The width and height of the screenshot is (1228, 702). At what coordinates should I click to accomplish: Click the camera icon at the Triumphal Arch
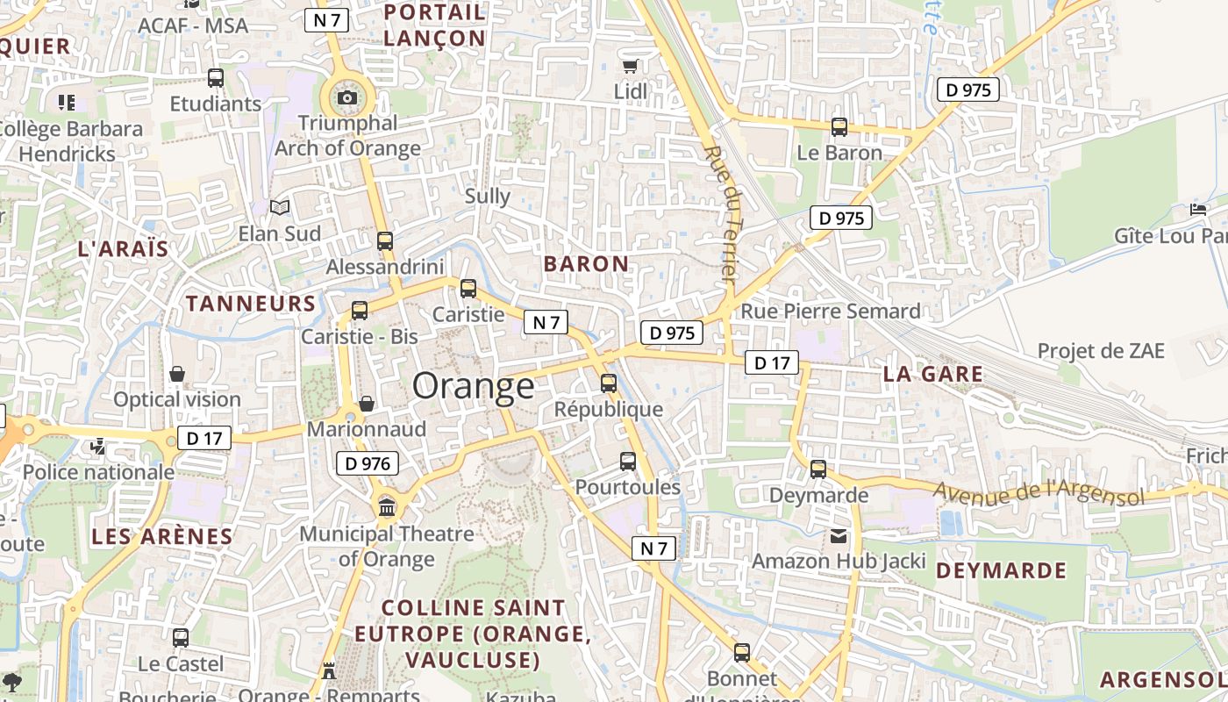[347, 97]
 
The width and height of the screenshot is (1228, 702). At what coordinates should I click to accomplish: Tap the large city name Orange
[473, 386]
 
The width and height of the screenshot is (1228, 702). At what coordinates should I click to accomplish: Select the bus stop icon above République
[609, 383]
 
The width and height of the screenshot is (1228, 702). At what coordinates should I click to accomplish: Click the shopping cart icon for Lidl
[630, 66]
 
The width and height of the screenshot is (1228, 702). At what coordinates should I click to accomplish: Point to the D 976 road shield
[368, 463]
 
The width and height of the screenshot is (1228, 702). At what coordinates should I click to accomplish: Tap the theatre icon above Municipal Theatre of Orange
[387, 506]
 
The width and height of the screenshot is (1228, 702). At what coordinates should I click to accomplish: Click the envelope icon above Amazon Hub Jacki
[839, 535]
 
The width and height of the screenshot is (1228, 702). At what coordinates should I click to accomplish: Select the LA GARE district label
[932, 374]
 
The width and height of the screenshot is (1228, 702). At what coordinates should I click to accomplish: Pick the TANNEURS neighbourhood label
[251, 304]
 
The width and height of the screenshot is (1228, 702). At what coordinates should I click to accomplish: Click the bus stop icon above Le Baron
[839, 127]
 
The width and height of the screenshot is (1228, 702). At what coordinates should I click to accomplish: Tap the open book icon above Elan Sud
[280, 207]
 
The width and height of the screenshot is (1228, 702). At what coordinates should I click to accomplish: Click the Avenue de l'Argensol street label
[1039, 494]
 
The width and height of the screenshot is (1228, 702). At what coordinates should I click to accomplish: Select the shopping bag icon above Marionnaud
[367, 404]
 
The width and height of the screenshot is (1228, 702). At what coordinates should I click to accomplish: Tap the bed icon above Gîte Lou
[1198, 210]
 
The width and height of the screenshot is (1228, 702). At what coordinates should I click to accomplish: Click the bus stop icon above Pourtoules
[628, 462]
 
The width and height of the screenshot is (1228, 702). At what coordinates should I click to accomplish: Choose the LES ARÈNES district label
[162, 537]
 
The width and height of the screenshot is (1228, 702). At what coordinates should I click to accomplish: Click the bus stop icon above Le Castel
[181, 638]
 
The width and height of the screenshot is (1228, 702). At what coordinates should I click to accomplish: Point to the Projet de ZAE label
[1101, 351]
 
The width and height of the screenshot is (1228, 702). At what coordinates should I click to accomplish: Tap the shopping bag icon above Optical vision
[177, 374]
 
